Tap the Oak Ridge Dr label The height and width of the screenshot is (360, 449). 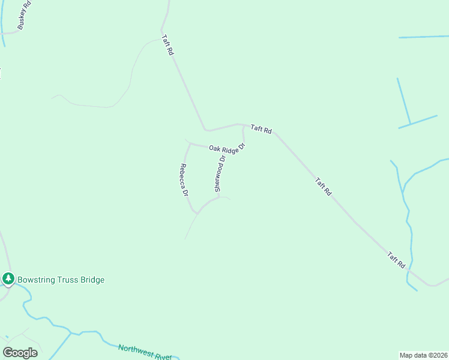[x=228, y=148]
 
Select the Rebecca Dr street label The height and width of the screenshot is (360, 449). [x=184, y=180]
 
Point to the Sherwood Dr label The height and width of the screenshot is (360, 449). [x=220, y=174]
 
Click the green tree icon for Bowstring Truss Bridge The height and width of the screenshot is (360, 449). [x=8, y=279]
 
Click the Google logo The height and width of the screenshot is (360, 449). [x=20, y=353]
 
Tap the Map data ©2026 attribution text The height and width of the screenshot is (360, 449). [x=424, y=355]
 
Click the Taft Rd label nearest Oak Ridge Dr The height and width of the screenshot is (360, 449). [x=261, y=128]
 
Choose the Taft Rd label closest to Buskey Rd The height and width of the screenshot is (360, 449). [x=167, y=46]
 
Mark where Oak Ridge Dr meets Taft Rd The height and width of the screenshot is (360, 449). [x=244, y=126]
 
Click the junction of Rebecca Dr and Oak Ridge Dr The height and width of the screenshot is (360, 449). [x=190, y=144]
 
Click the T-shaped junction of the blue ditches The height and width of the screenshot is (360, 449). [x=409, y=125]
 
